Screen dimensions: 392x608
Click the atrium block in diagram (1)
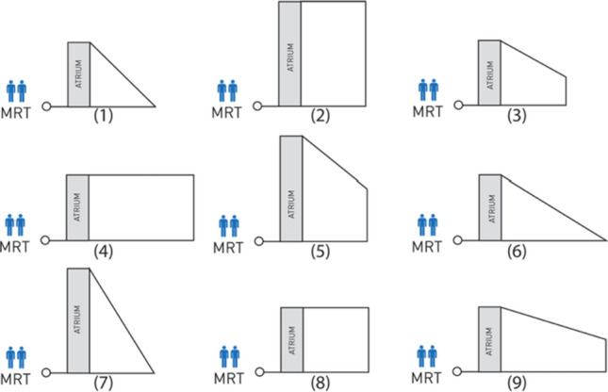coord(78,73)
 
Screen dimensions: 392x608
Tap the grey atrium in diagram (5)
coord(290,188)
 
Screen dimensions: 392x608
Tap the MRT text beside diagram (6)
coord(429,249)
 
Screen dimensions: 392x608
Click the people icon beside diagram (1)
coord(17,90)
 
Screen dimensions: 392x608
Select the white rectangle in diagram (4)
coord(141,207)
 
